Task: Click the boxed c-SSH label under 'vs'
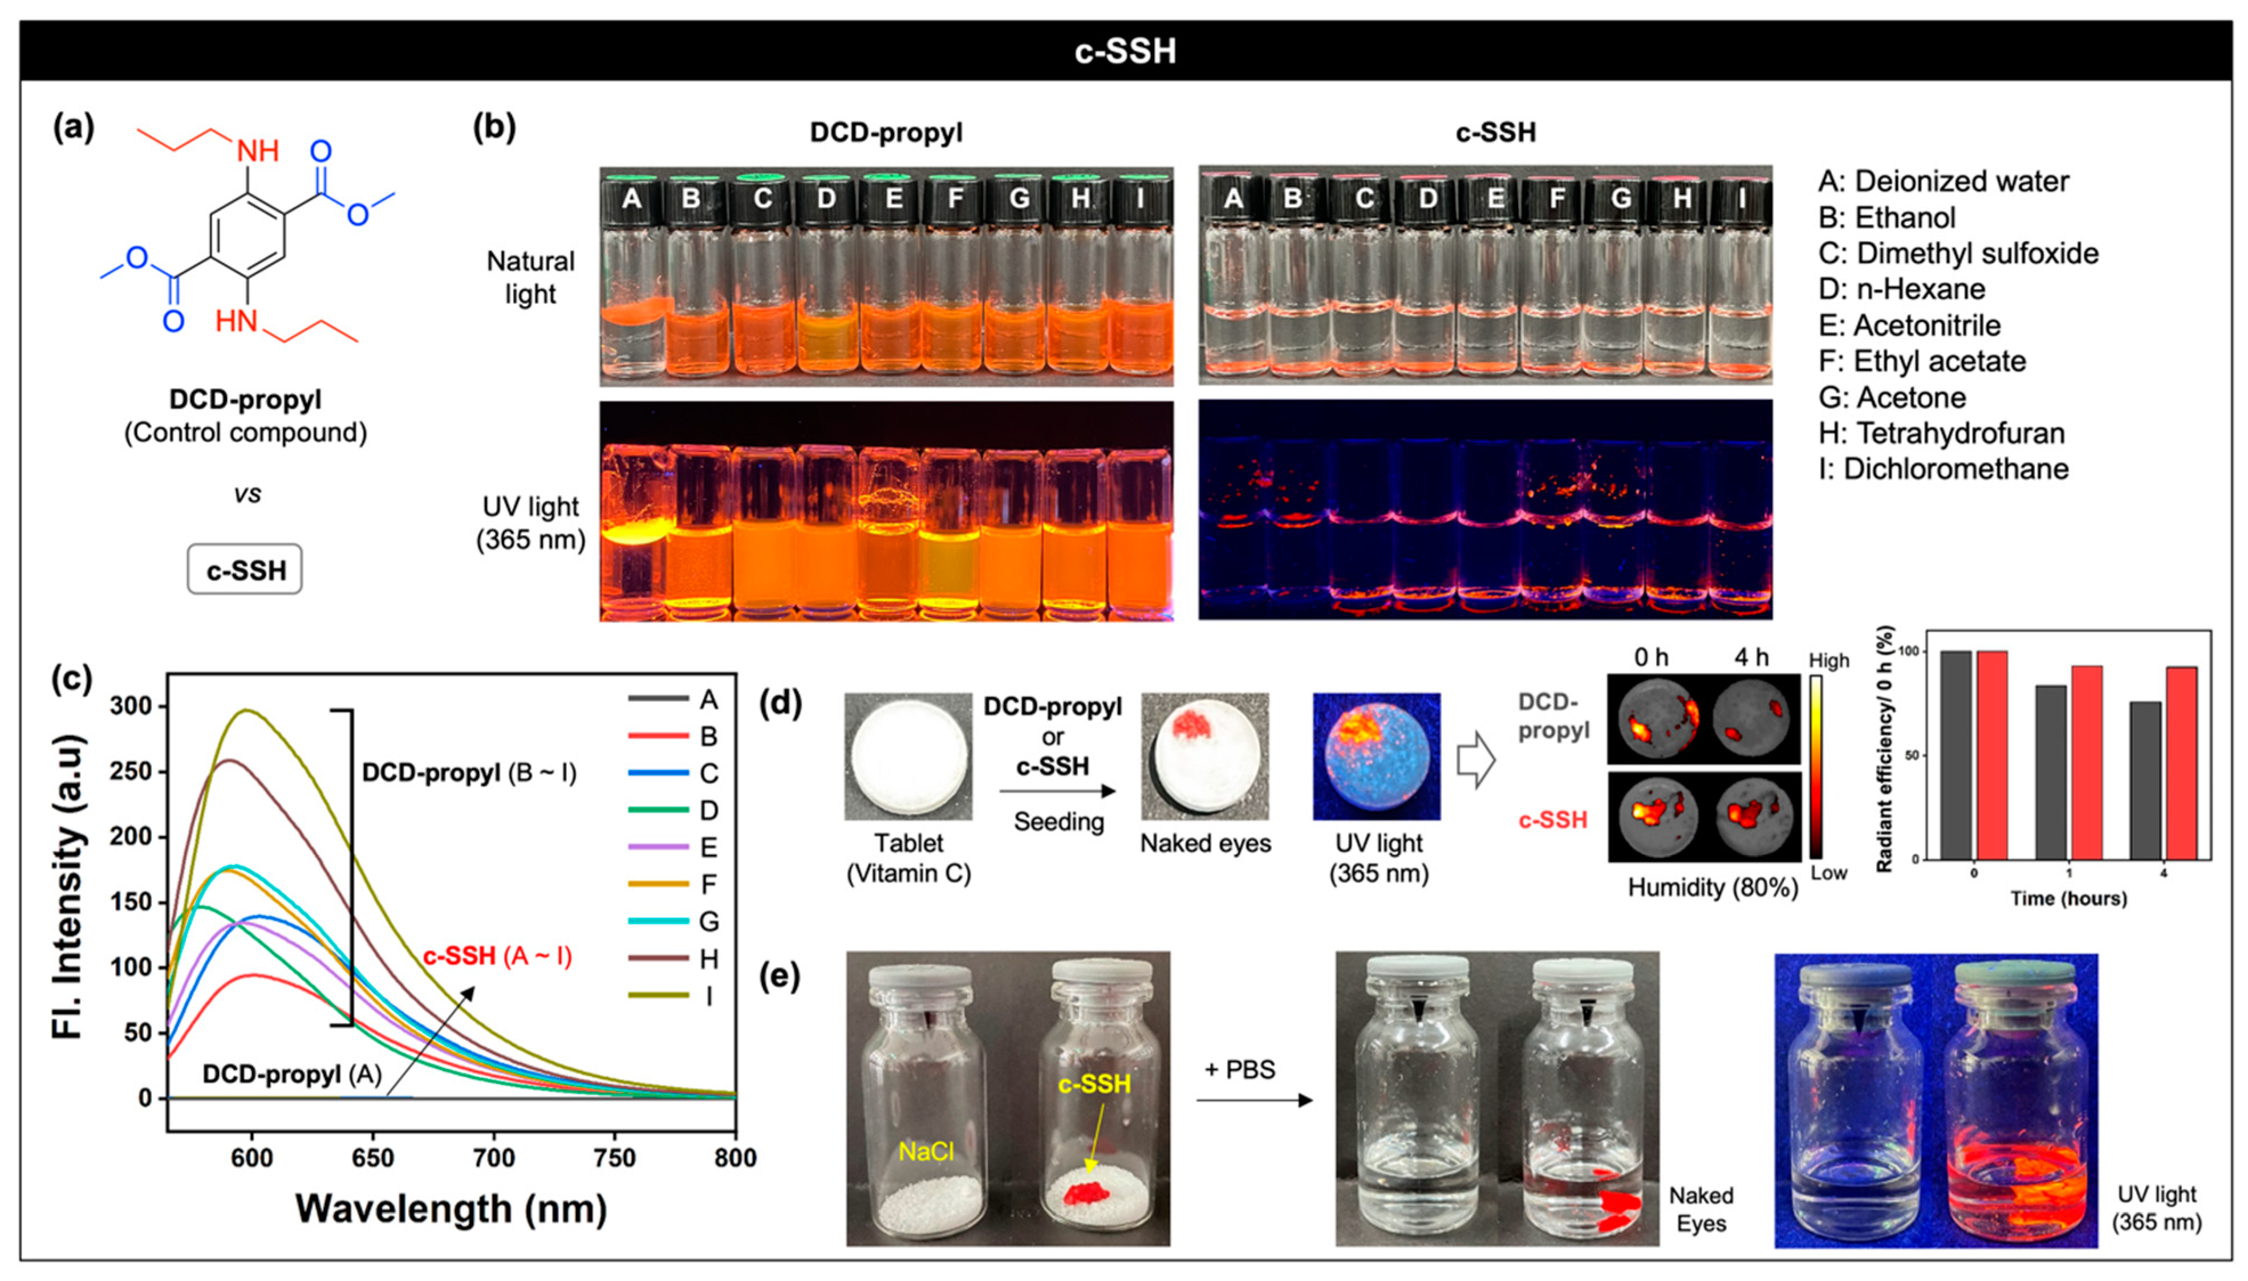coord(245,570)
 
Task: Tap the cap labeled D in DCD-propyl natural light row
coord(825,198)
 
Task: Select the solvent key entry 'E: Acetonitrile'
coord(1909,326)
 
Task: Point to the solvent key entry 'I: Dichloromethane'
coord(1943,469)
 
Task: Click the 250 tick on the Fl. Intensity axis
coord(132,771)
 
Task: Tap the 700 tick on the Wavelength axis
coord(494,1158)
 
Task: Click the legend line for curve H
coord(658,958)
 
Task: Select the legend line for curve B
coord(658,735)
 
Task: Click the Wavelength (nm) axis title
coord(451,1209)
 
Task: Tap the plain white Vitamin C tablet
coord(908,757)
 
